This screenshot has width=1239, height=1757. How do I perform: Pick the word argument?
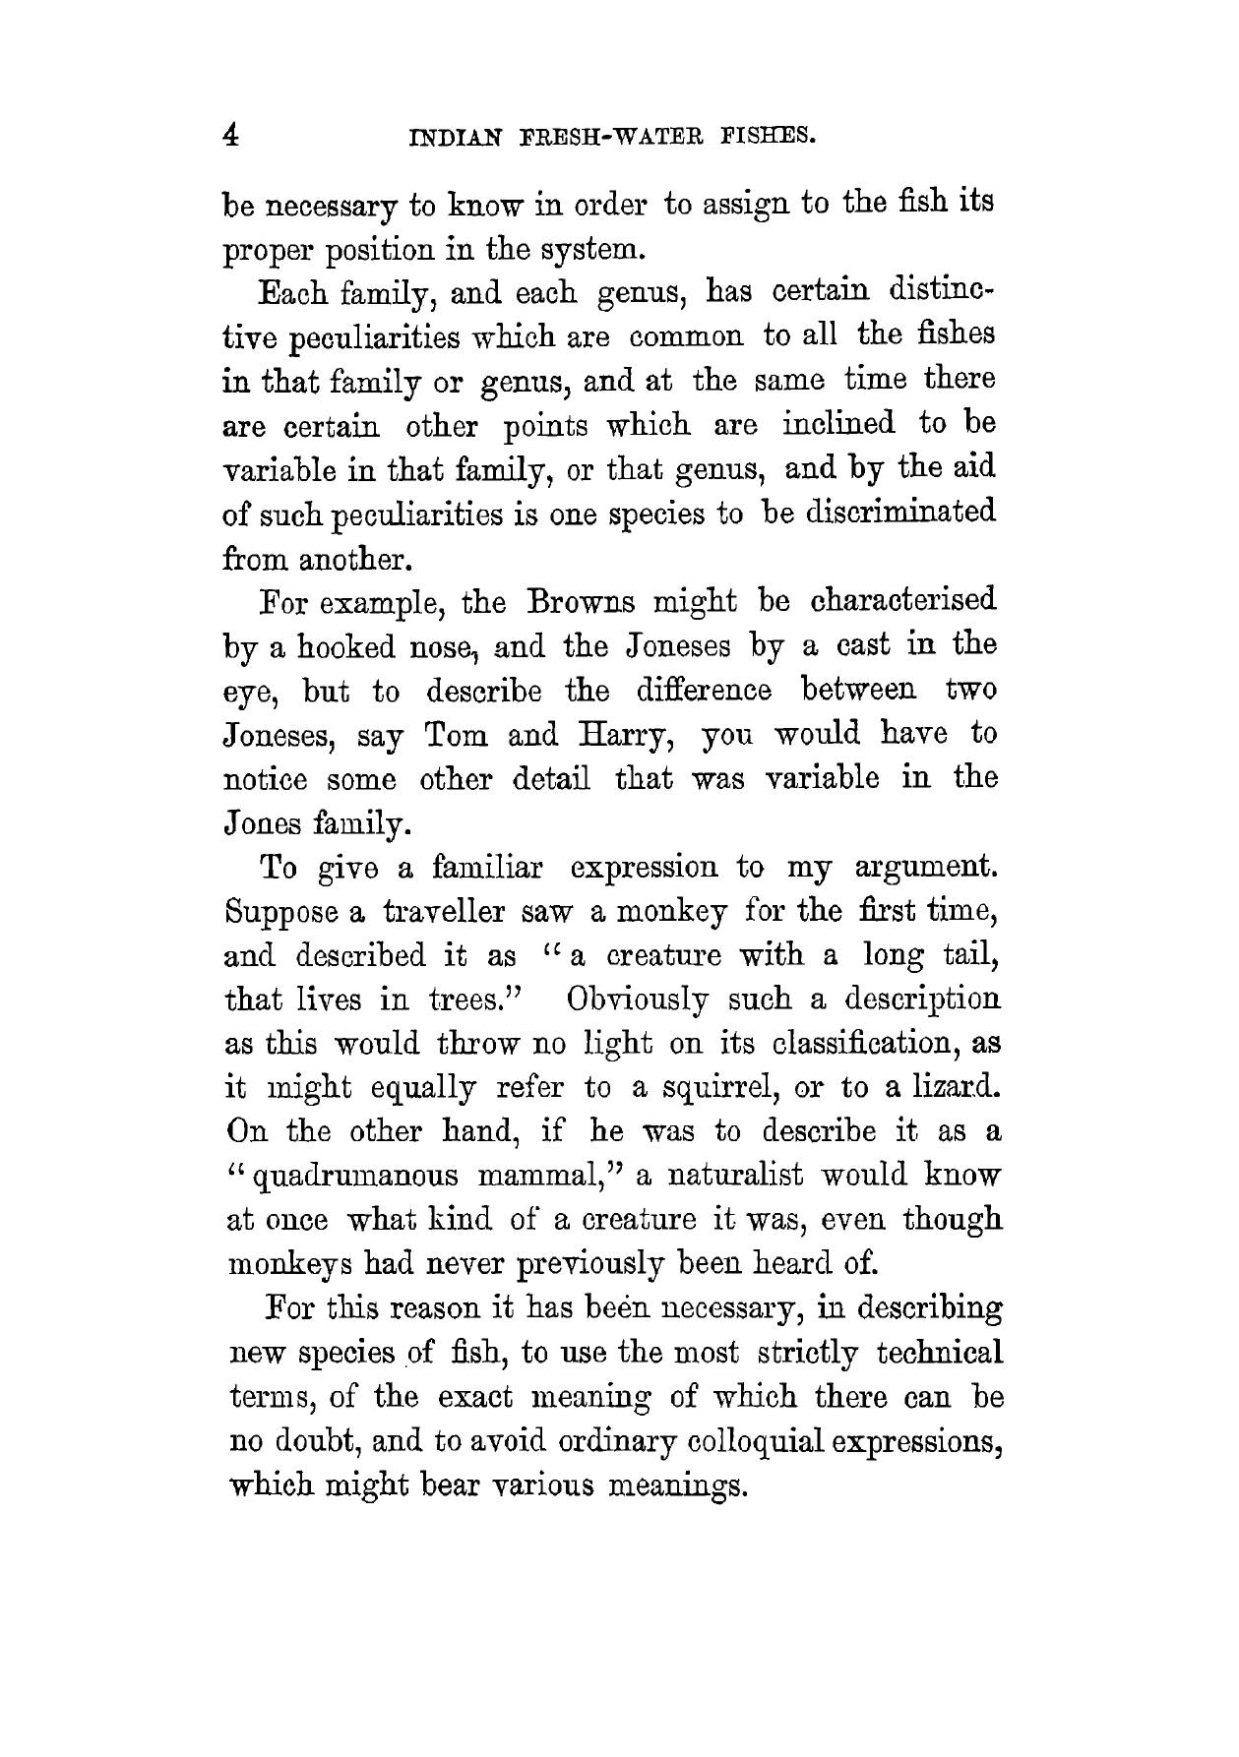pos(921,870)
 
